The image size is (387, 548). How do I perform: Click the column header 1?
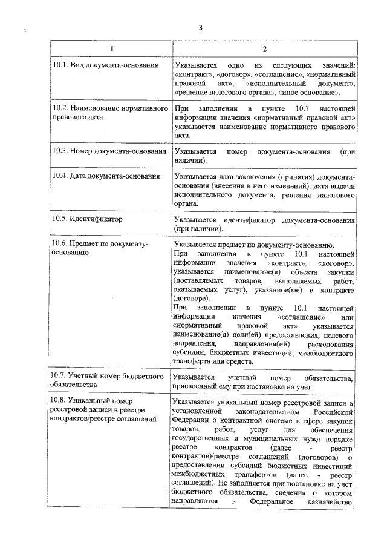click(x=110, y=48)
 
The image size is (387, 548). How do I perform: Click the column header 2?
click(x=264, y=48)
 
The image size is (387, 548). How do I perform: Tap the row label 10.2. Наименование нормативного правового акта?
click(x=109, y=113)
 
